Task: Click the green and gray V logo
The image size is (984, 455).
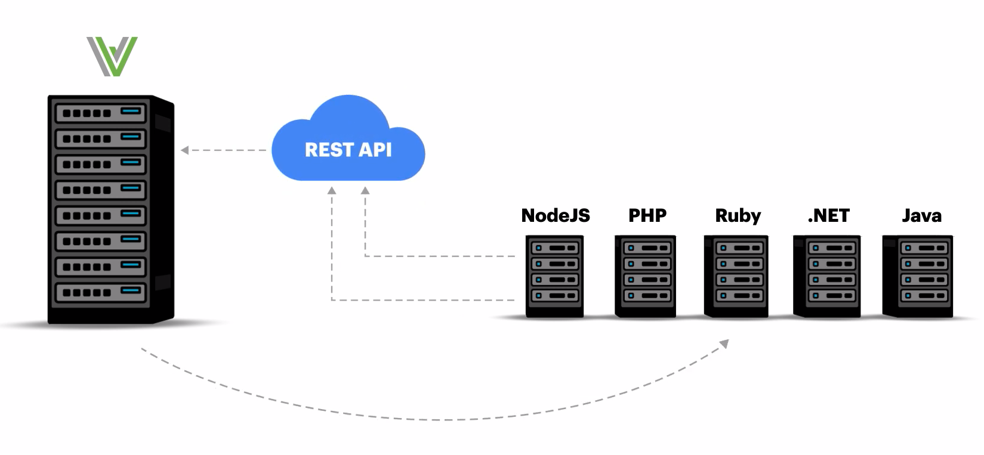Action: [x=112, y=56]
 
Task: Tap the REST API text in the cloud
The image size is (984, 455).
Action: [x=348, y=150]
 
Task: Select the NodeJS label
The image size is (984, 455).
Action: [x=556, y=216]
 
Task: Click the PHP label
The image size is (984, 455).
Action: [x=647, y=216]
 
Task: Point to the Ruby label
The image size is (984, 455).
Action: [x=738, y=216]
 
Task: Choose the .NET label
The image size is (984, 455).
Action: [x=828, y=216]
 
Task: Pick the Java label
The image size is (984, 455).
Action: [x=921, y=216]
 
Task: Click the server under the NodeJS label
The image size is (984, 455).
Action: [x=554, y=276]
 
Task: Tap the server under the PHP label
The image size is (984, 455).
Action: [x=645, y=276]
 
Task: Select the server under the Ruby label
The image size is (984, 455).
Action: [x=736, y=276]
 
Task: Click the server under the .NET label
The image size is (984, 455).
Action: [x=826, y=276]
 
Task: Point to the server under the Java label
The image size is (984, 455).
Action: [x=918, y=276]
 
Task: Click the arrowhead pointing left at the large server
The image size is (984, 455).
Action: [x=184, y=150]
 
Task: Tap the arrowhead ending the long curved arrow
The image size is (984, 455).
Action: [x=724, y=343]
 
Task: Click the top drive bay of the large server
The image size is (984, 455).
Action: [x=101, y=113]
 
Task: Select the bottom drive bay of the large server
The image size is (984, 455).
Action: [x=101, y=292]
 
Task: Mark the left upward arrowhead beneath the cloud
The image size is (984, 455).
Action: [x=332, y=191]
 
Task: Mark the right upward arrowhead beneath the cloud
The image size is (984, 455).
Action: [x=365, y=191]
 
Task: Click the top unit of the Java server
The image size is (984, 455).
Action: [x=924, y=247]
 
